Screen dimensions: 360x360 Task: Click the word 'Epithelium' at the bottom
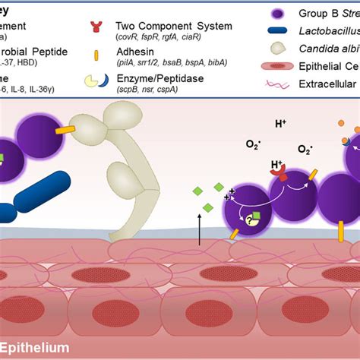click(35, 348)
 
